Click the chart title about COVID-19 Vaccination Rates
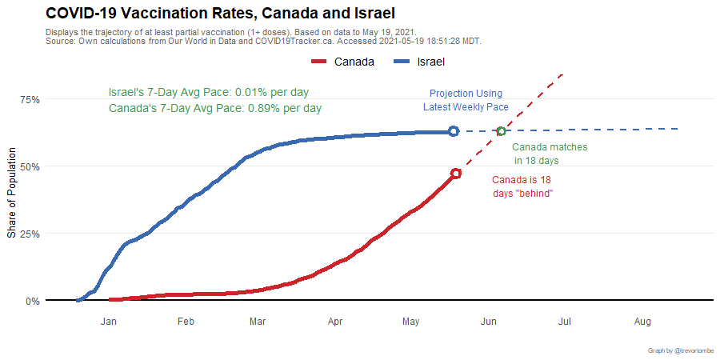point(220,14)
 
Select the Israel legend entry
point(421,62)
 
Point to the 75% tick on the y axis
point(30,99)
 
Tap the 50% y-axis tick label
point(30,166)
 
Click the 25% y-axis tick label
point(30,234)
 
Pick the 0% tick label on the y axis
point(32,301)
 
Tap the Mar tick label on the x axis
point(258,322)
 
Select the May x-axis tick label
point(410,322)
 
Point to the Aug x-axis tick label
point(642,322)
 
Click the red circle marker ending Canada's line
point(455,174)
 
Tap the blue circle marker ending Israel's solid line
point(454,130)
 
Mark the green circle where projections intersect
point(501,131)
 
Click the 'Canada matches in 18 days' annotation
point(549,154)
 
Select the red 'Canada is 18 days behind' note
point(522,186)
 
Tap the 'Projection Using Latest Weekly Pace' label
point(466,100)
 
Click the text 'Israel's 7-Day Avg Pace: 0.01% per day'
point(208,92)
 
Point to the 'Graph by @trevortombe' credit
point(681,350)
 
